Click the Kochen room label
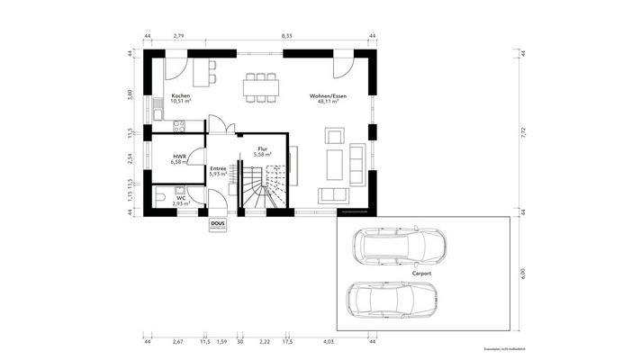pos(180,96)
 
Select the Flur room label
pos(263,148)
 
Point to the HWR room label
pos(179,156)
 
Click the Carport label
pos(422,271)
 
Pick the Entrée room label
pos(218,167)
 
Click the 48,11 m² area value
pos(328,103)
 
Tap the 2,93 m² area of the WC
pos(182,204)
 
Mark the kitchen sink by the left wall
pos(157,112)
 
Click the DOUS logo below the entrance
pos(218,226)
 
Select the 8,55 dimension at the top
pos(286,35)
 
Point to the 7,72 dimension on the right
pos(522,133)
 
